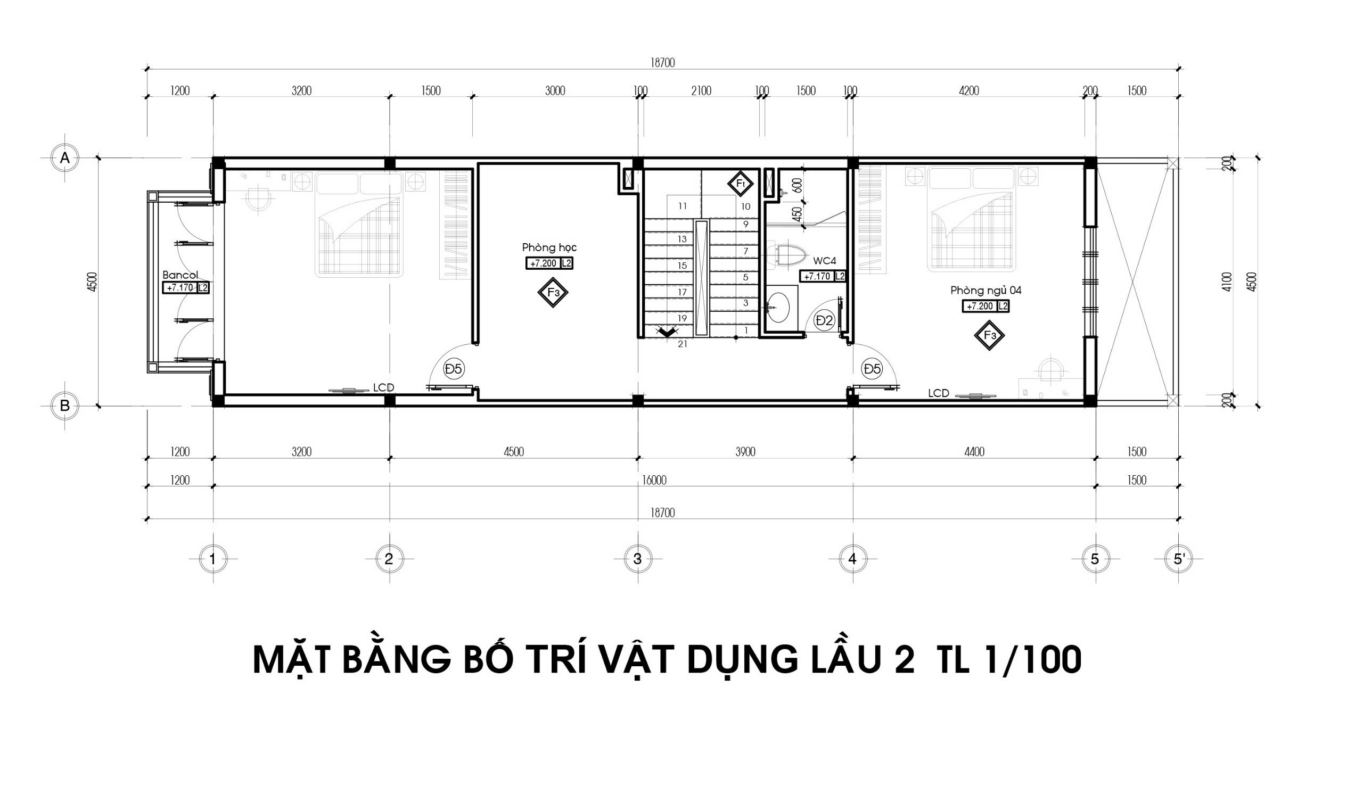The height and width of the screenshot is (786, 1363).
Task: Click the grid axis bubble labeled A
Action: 65,158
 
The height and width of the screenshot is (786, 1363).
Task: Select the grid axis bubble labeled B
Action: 65,406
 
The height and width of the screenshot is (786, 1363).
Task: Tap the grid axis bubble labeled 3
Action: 637,559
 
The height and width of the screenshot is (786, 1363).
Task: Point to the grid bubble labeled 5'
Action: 1179,559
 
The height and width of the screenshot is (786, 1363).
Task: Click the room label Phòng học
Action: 549,248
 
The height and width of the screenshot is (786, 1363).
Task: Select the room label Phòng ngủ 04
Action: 986,291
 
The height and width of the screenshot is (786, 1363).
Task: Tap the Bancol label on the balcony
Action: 180,274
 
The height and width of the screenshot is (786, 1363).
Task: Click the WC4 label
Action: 825,261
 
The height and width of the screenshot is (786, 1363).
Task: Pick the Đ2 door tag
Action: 825,321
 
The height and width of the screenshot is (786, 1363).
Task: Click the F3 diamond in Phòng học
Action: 553,293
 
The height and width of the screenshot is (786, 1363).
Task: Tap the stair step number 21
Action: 683,344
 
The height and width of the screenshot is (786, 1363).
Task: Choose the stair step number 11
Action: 683,205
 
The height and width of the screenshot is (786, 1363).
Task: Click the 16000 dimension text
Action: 654,480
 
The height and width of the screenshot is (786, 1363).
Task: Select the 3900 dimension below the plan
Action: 745,451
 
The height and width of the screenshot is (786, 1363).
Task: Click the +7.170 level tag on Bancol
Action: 180,288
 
